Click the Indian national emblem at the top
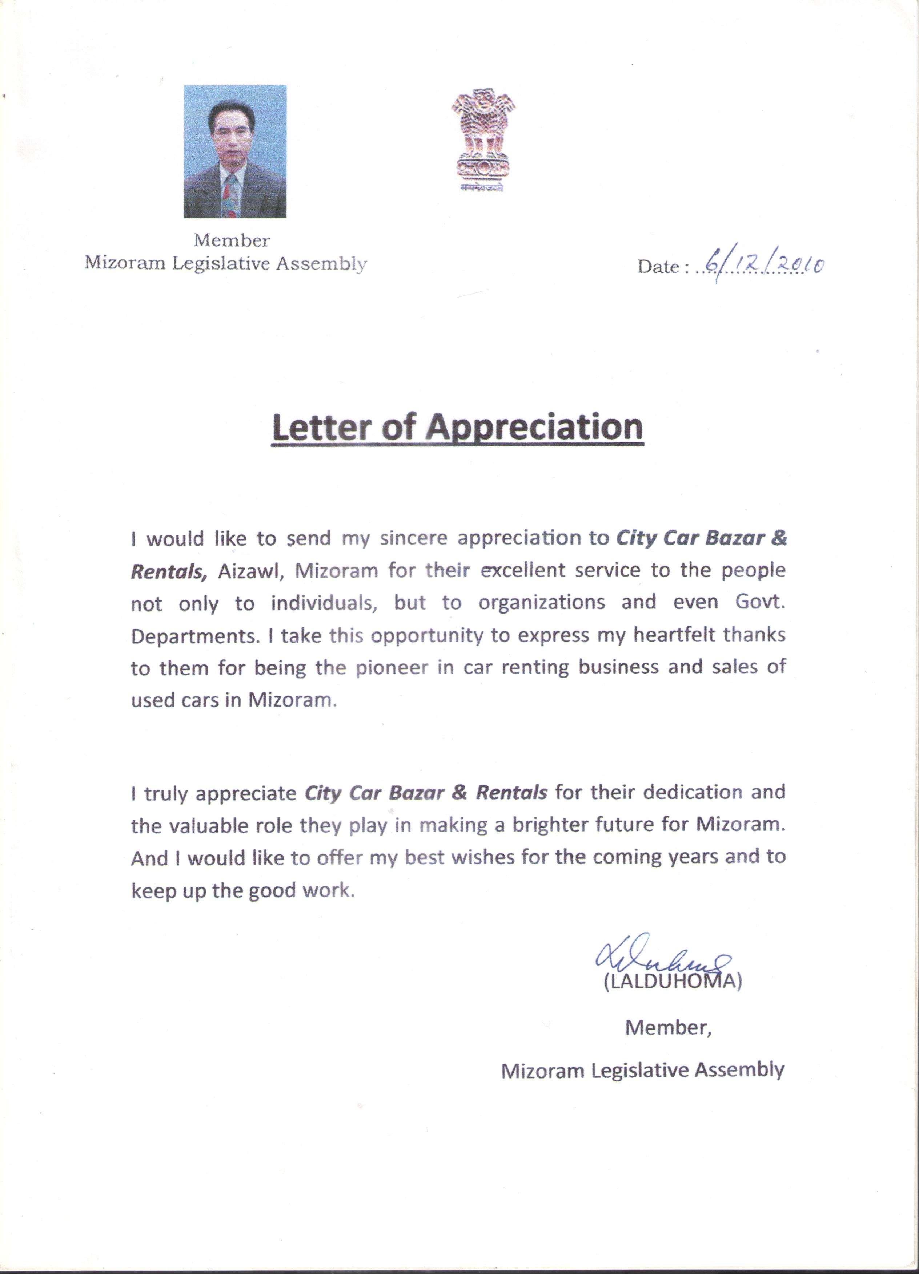click(x=483, y=138)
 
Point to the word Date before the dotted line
click(x=658, y=267)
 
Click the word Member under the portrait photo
click(x=232, y=240)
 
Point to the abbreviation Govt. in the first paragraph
click(x=760, y=602)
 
